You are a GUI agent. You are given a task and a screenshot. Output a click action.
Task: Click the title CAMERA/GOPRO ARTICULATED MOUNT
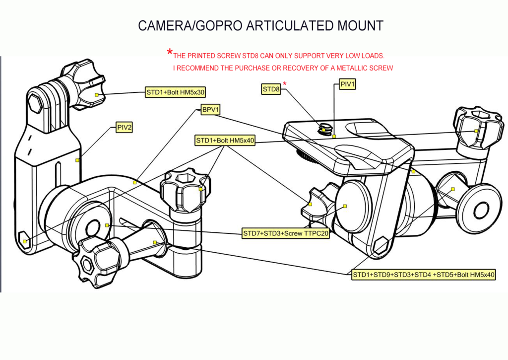coord(260,25)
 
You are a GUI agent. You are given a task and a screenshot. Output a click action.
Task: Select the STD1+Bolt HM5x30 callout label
coord(175,92)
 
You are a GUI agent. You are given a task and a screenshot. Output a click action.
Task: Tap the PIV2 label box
coord(124,128)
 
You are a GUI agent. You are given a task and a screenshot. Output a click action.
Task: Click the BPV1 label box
coord(210,110)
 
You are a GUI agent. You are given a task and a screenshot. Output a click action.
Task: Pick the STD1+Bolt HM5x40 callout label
coord(225,141)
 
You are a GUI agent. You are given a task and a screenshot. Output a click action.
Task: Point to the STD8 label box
coord(271,89)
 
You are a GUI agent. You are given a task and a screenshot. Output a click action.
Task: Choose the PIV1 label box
coord(347,85)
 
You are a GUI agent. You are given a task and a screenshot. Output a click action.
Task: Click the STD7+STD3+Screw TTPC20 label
coord(286,233)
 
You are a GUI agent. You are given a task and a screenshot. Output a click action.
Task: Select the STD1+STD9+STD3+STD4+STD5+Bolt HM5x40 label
coord(424,275)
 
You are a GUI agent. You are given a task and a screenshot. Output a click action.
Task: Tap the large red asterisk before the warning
coord(170,52)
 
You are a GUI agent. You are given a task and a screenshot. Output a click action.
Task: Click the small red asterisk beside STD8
coord(285,83)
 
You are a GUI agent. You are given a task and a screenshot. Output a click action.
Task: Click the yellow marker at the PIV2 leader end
coord(78,160)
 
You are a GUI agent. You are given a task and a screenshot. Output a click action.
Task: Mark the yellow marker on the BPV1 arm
coord(134,182)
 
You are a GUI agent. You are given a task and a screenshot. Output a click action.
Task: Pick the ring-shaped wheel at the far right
coord(480,209)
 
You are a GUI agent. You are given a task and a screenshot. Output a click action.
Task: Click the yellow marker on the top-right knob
coord(476,131)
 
